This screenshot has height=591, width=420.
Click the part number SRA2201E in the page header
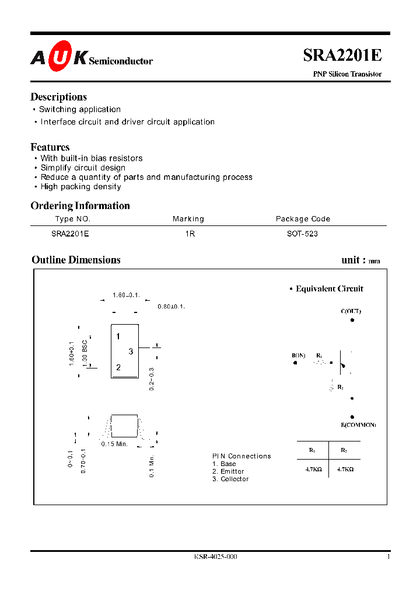[x=342, y=55]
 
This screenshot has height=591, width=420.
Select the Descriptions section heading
[x=58, y=97]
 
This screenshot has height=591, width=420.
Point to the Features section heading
[x=50, y=147]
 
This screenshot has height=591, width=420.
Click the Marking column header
[x=188, y=219]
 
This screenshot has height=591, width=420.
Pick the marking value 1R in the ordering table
[x=190, y=234]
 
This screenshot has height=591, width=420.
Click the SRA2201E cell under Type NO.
[x=70, y=234]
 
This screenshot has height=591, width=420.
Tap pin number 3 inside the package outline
[x=131, y=351]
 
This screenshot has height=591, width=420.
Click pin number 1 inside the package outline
[x=118, y=336]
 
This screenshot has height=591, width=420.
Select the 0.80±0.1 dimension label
[x=171, y=307]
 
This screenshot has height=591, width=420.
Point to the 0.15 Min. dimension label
[x=114, y=444]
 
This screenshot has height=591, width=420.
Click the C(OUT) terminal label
[x=351, y=311]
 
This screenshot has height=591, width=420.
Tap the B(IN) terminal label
[x=298, y=355]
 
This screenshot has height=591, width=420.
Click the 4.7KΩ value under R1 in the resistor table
[x=313, y=468]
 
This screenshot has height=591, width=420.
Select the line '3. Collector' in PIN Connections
[x=230, y=479]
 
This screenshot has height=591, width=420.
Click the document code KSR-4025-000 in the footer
[x=216, y=557]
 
